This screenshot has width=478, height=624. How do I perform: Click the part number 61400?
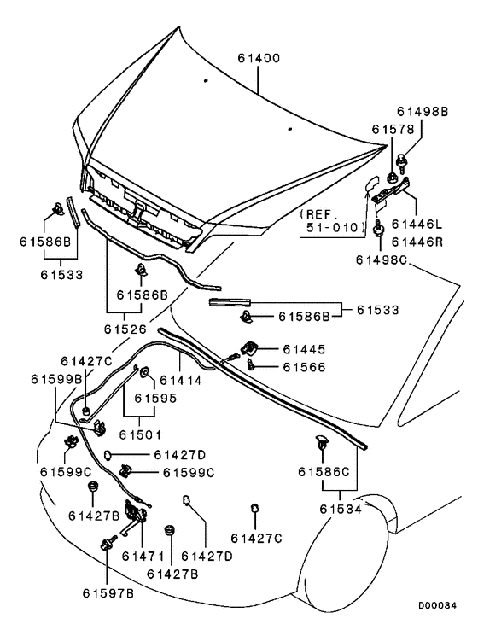pos(259,59)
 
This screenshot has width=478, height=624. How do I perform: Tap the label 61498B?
pos(423,112)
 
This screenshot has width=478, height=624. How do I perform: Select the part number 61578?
pos(393,130)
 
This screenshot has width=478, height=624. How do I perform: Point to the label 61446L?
pos(417,225)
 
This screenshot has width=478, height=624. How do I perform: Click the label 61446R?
pos(417,242)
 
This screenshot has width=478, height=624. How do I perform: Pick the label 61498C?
pos(382,260)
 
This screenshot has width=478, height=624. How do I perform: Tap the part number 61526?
pos(125,329)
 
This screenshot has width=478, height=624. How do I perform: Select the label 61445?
pos(304,349)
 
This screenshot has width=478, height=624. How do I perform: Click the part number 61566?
pos(304,367)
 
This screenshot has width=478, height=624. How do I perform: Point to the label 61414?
pos(181,381)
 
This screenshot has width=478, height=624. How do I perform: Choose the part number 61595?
pos(155,399)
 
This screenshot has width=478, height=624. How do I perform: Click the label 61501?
pos(141,435)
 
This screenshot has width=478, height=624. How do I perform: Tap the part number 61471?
pos(143,556)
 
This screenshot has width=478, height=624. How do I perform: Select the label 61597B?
pos(108,593)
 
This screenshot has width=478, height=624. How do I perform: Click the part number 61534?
pos(341,509)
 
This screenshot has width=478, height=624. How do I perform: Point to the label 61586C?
pos(324,472)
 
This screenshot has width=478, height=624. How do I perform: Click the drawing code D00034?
pos(437,606)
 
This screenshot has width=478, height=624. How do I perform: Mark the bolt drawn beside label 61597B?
pos(109,543)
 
